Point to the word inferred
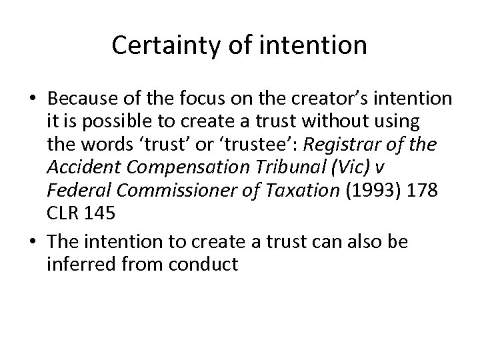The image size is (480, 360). (73, 264)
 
